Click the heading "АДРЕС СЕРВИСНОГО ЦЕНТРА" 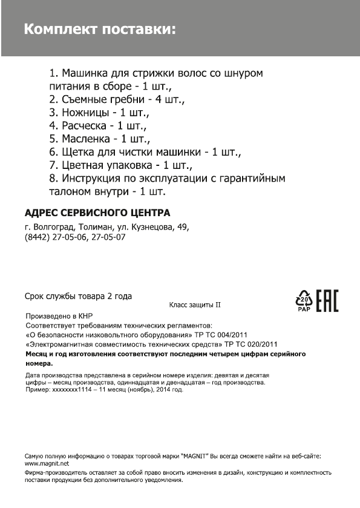coord(97,213)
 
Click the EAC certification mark coord(327,301)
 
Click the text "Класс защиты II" coord(195,305)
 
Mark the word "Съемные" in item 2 coord(85,99)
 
